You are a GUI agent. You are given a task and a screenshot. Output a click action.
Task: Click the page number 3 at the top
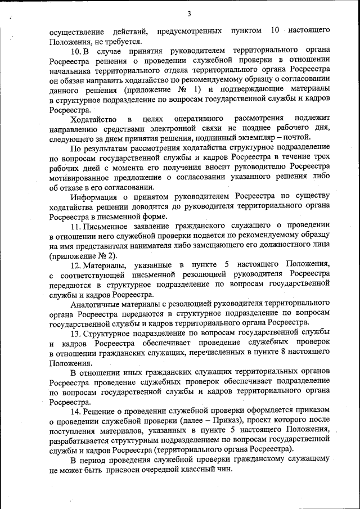(x=190, y=14)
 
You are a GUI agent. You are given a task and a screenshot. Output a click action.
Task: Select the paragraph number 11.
(x=76, y=226)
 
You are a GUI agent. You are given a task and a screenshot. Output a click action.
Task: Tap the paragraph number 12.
(x=76, y=264)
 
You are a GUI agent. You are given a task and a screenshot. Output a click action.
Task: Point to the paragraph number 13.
(x=76, y=332)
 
